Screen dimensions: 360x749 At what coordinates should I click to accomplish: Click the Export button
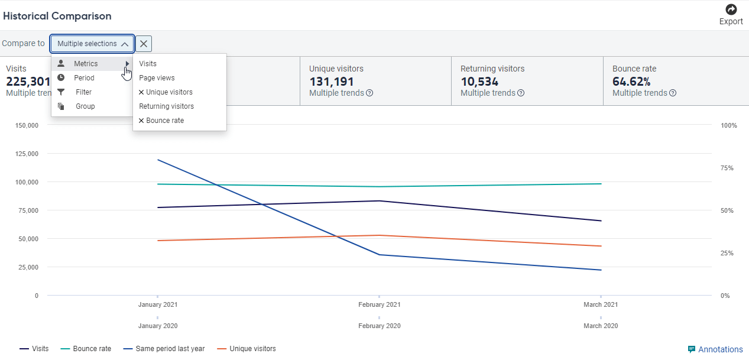tap(731, 15)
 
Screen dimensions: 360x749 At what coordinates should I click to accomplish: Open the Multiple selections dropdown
tap(92, 44)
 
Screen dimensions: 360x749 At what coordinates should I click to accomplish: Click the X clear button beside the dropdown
tap(144, 44)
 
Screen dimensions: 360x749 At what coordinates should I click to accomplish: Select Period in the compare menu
tap(84, 78)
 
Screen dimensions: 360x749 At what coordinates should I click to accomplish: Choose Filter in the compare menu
tap(83, 92)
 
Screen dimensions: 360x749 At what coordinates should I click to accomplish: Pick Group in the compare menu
tap(85, 106)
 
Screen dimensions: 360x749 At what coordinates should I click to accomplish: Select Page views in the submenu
tap(157, 78)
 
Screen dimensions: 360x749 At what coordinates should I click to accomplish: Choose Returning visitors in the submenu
tap(166, 106)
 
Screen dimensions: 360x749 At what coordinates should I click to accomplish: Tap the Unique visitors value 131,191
tap(331, 82)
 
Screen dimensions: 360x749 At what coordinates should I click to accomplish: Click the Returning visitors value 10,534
tap(479, 82)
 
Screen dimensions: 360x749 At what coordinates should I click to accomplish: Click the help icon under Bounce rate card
tap(673, 93)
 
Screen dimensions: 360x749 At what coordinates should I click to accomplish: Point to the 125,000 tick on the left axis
tap(25, 154)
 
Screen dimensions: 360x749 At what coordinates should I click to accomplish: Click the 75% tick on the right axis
tap(727, 168)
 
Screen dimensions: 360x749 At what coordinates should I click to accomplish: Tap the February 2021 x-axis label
tap(379, 305)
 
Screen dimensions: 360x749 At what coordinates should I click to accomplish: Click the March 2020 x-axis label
tap(601, 326)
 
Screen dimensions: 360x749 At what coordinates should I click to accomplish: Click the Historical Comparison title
tap(57, 16)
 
